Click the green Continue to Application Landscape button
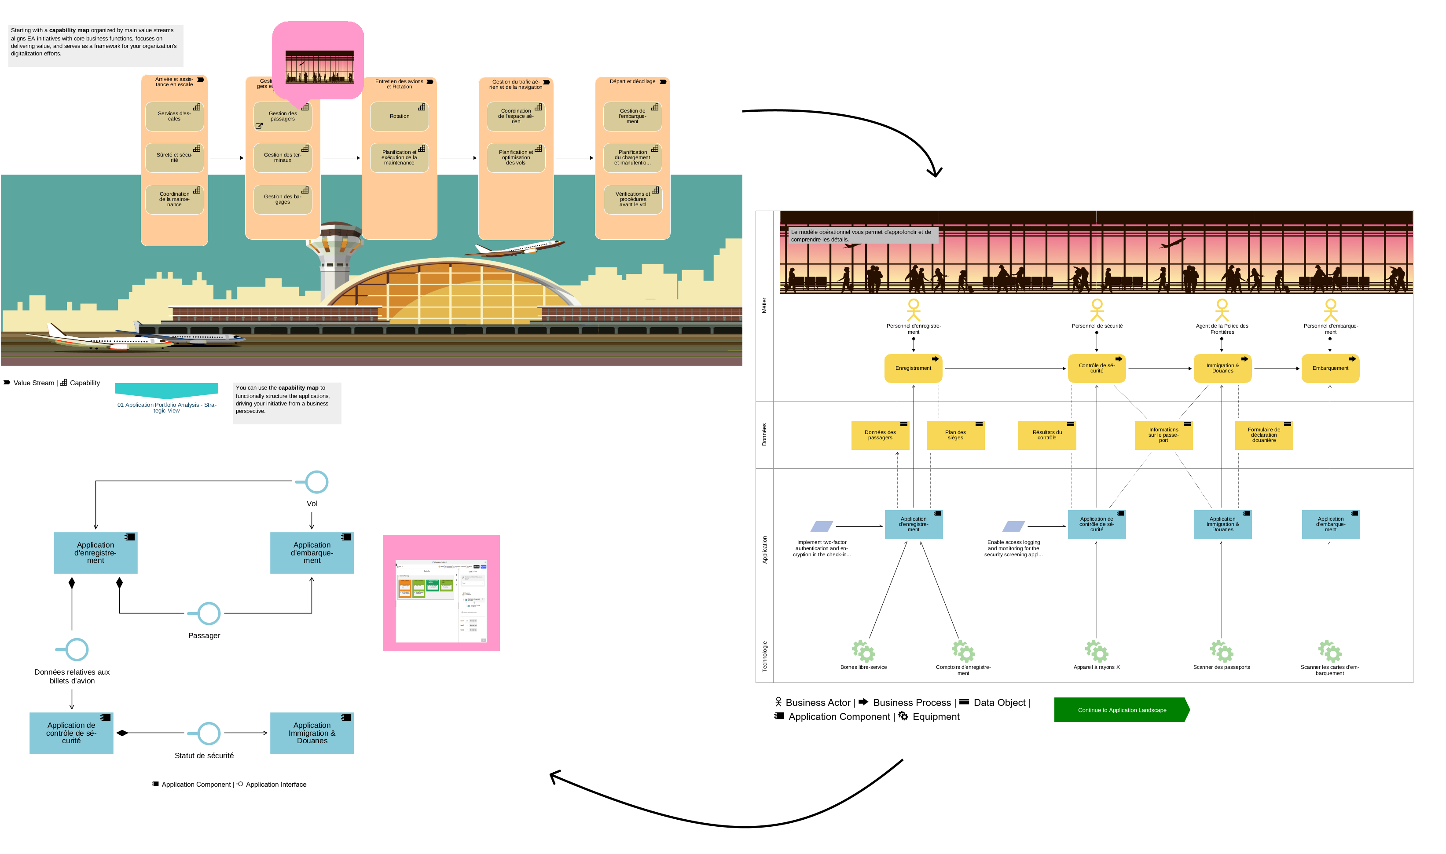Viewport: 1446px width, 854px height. click(1121, 710)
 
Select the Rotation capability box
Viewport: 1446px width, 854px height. click(399, 116)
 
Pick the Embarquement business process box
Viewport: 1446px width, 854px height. click(1330, 369)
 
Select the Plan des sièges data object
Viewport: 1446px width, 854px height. click(955, 435)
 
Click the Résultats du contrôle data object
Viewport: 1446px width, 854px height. click(1046, 435)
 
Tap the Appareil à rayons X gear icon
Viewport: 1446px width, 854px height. click(1097, 651)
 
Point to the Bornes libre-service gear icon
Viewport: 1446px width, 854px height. click(863, 651)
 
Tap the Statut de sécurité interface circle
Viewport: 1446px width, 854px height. click(209, 733)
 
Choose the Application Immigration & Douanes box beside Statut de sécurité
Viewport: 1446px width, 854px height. click(312, 733)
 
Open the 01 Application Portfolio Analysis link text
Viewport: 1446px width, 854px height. click(166, 408)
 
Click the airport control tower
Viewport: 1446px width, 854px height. click(334, 253)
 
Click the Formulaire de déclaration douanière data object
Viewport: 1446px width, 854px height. click(1263, 435)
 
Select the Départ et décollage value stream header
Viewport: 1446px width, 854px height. click(632, 82)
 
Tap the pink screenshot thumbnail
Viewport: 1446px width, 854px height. click(441, 593)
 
